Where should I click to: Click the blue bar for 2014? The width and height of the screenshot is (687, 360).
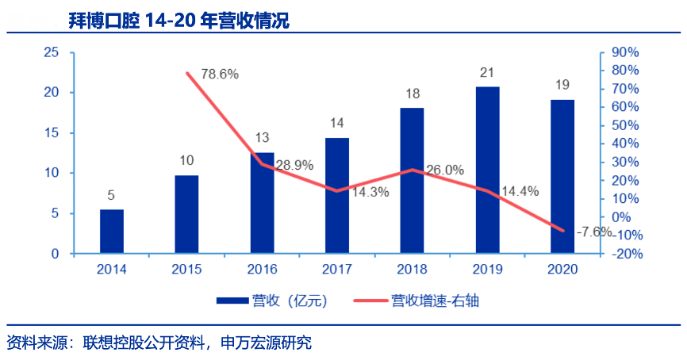tap(112, 232)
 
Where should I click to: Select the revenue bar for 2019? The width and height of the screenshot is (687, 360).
tap(488, 170)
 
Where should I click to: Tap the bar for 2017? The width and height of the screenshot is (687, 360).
tap(337, 196)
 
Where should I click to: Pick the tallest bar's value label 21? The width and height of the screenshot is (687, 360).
tap(487, 73)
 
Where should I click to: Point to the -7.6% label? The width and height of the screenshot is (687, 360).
tap(594, 232)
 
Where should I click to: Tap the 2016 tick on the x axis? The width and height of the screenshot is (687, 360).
tap(262, 269)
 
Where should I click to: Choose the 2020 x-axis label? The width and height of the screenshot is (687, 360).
tap(562, 269)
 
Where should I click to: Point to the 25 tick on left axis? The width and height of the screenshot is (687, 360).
tap(52, 52)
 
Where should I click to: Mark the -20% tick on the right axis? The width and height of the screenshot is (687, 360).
tap(624, 254)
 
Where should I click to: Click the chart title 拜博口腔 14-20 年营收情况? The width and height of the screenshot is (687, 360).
tap(178, 21)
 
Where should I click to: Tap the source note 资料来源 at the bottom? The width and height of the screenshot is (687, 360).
tap(159, 343)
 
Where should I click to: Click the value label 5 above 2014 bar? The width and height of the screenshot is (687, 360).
tap(112, 195)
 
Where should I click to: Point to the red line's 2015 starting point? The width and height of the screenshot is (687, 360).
tap(188, 73)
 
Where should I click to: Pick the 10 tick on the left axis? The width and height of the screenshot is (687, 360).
tap(52, 173)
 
